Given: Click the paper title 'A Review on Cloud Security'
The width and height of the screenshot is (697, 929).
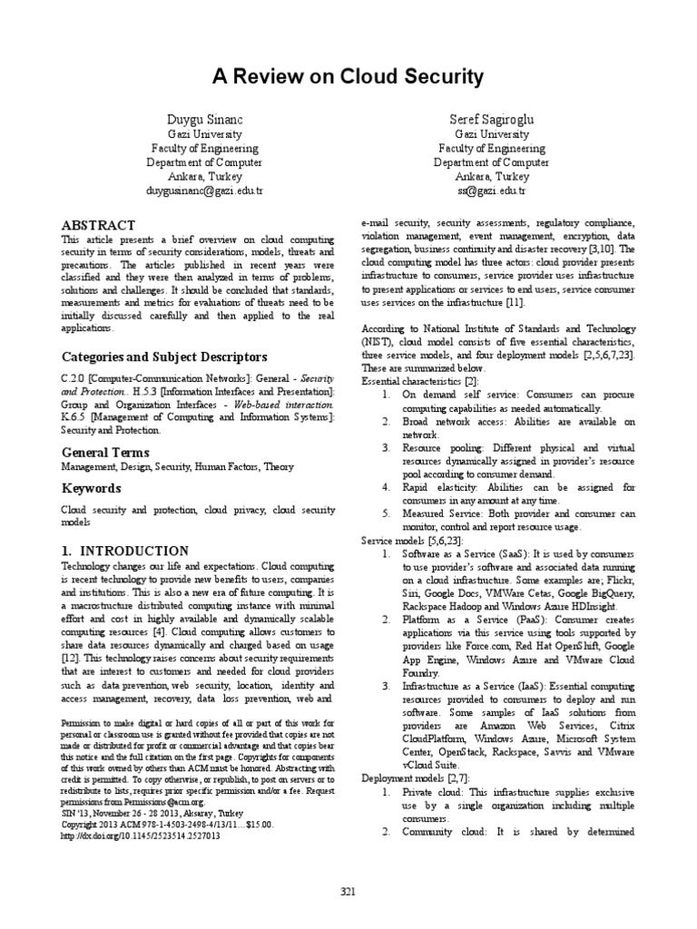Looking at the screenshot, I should click(348, 76).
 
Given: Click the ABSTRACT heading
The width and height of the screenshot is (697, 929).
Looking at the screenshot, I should click(98, 224).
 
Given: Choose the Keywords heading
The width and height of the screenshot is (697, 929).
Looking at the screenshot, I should click(91, 488).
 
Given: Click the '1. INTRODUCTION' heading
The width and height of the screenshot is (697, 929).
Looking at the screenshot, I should click(124, 551).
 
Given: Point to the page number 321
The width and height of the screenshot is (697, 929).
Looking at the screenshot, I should click(348, 893).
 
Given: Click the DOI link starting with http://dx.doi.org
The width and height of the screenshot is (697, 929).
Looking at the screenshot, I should click(140, 836).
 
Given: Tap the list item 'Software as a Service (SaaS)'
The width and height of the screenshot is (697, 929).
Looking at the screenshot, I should click(463, 553).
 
